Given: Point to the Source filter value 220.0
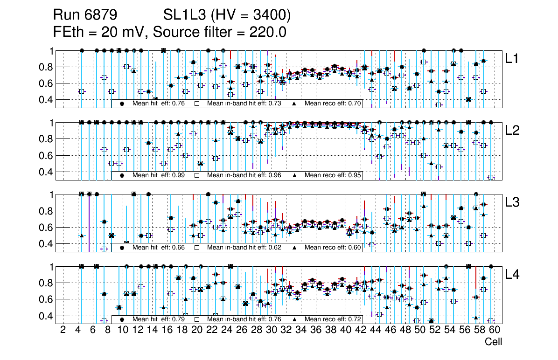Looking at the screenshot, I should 269,32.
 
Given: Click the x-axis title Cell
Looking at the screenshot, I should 493,342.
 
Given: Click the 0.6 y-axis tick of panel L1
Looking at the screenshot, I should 47,83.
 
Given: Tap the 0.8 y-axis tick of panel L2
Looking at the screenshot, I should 47,139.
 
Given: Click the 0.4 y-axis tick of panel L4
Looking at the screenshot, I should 47,316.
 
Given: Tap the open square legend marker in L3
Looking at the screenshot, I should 197,248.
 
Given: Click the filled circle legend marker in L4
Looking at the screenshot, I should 122,319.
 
